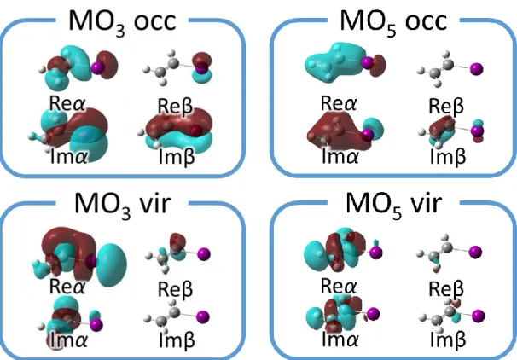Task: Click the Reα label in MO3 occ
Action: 67,103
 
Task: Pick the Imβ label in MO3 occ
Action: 177,157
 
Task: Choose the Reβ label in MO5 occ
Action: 446,106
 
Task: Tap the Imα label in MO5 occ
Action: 340,156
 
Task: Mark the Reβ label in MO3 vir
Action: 175,289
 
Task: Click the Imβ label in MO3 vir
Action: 177,340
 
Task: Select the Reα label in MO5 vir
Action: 339,286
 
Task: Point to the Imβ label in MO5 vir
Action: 448,340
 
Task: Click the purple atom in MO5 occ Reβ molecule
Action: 476,69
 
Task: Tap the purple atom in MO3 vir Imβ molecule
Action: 203,316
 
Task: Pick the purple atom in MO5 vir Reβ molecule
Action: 475,253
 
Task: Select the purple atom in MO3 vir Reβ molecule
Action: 204,254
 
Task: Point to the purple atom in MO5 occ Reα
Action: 368,62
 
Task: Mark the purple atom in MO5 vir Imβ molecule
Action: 478,316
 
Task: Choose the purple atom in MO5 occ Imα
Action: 368,135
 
